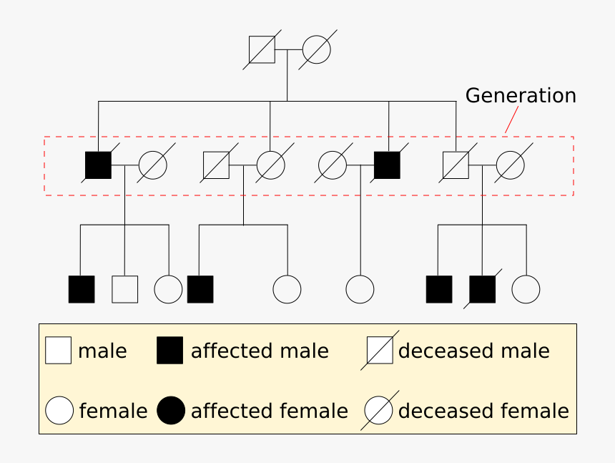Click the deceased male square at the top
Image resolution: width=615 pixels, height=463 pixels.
(x=262, y=50)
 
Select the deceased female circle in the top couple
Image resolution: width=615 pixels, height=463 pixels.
(x=316, y=50)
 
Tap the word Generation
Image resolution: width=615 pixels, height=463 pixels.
(x=521, y=96)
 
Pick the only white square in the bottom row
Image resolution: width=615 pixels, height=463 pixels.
(x=125, y=289)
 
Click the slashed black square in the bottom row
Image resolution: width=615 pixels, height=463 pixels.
(x=483, y=289)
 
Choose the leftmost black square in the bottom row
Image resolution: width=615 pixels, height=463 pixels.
(x=82, y=289)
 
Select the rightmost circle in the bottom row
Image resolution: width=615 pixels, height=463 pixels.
(x=526, y=289)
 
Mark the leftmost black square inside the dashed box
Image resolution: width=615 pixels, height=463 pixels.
(x=99, y=165)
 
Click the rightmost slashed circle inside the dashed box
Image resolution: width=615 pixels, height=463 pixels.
(x=511, y=165)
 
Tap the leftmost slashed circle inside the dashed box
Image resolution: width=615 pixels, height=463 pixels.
(x=152, y=165)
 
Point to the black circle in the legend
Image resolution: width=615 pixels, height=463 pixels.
(x=171, y=411)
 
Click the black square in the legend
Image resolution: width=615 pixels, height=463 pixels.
(x=170, y=351)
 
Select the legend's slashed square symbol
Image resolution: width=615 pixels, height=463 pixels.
(x=379, y=351)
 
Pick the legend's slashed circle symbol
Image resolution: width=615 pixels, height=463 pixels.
(x=379, y=411)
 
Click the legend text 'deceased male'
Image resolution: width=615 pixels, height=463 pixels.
(x=473, y=351)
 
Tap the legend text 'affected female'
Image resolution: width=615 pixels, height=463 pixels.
(x=269, y=411)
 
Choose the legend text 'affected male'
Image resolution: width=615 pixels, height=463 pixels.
(x=260, y=351)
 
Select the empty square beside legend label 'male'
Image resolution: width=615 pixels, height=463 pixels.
(x=59, y=351)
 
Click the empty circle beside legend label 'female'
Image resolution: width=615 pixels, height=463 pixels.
(x=59, y=411)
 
